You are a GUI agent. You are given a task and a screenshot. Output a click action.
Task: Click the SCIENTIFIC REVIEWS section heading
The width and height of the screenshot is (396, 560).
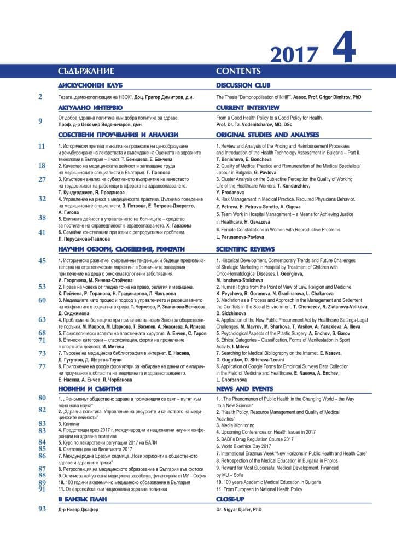click(x=247, y=249)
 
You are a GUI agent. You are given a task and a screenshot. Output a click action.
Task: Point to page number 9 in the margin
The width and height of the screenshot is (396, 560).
click(x=40, y=121)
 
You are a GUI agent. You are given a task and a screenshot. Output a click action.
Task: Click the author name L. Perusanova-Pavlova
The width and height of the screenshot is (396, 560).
click(x=240, y=237)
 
